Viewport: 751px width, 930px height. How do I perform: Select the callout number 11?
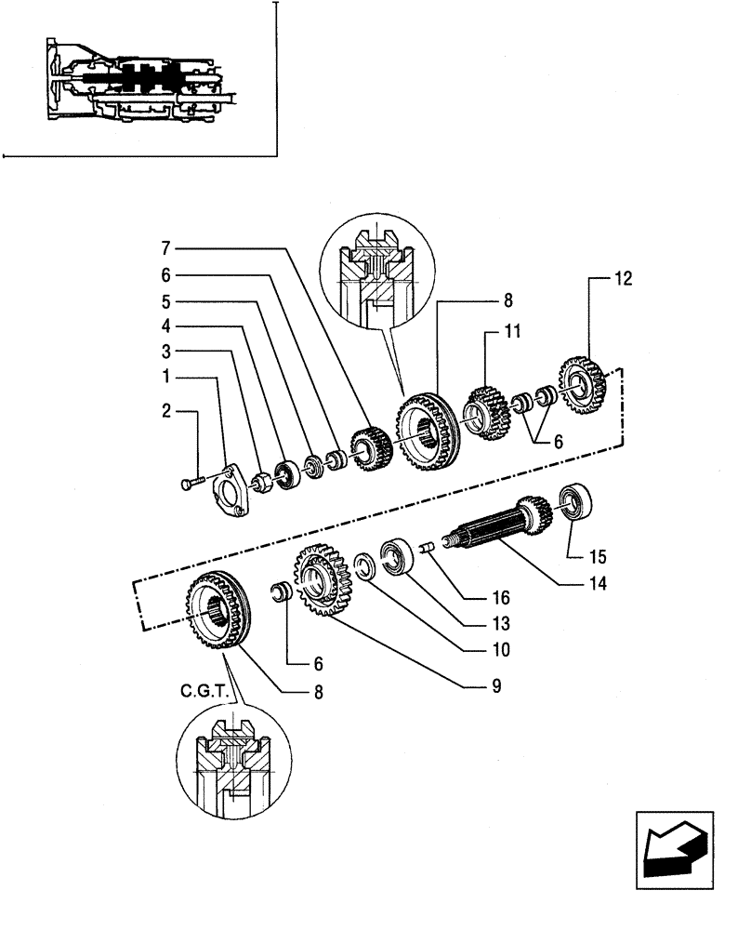[513, 330]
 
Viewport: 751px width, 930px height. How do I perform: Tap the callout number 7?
[165, 248]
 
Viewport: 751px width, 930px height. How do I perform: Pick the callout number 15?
[596, 558]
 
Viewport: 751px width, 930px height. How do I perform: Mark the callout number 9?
[495, 686]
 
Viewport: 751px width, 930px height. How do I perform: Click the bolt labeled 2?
[191, 482]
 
